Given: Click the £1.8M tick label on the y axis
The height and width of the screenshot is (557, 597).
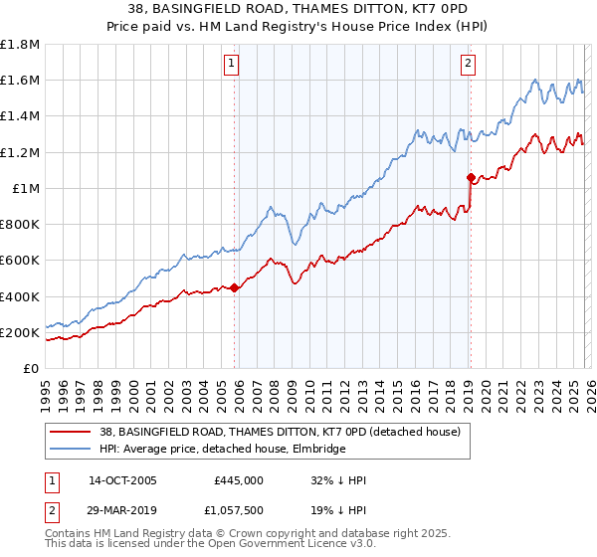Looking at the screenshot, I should pos(20,45).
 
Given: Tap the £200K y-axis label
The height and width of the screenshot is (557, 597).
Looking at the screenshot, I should pos(20,332).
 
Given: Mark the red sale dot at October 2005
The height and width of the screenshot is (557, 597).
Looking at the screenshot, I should pos(235,288).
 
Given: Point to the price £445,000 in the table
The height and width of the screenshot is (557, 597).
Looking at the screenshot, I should pos(239,480).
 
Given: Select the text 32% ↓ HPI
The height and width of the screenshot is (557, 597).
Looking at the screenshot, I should pos(338,480).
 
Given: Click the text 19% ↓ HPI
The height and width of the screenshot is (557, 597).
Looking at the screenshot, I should pos(338,509).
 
